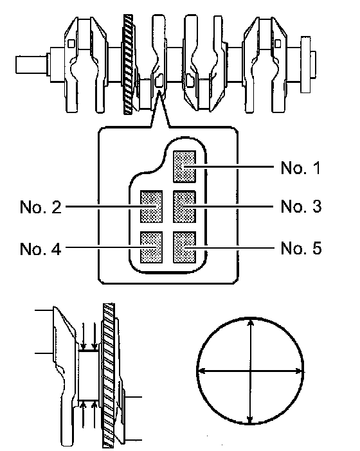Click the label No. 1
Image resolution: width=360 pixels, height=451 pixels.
coord(300,168)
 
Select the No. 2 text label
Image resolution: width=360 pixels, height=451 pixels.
coord(40,207)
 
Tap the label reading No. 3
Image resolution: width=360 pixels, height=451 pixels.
coord(301,206)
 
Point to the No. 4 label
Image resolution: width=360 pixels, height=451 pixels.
coord(40,249)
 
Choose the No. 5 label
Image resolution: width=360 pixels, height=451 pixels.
coord(301,248)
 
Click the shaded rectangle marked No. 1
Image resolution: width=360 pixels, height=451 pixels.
coord(184,166)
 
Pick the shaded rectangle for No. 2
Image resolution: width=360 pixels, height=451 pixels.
coord(151,206)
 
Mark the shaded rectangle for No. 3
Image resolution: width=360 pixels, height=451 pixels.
coord(184,206)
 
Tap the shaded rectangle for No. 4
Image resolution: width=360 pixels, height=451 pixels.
coord(151,247)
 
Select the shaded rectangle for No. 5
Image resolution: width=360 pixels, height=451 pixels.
coord(184,247)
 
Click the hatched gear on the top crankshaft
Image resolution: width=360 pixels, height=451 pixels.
coord(129,64)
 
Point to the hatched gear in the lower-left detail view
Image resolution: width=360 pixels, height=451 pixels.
coord(109,375)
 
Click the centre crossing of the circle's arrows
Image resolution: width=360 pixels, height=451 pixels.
coord(250,371)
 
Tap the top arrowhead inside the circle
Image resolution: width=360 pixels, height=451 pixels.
coord(251,322)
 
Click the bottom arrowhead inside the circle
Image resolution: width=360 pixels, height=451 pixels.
coord(250,420)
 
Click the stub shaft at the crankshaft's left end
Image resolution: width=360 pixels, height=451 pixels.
coord(32,65)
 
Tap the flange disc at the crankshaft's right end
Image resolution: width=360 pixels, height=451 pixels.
coord(305,64)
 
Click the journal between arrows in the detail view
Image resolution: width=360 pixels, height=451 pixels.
coord(89,375)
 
